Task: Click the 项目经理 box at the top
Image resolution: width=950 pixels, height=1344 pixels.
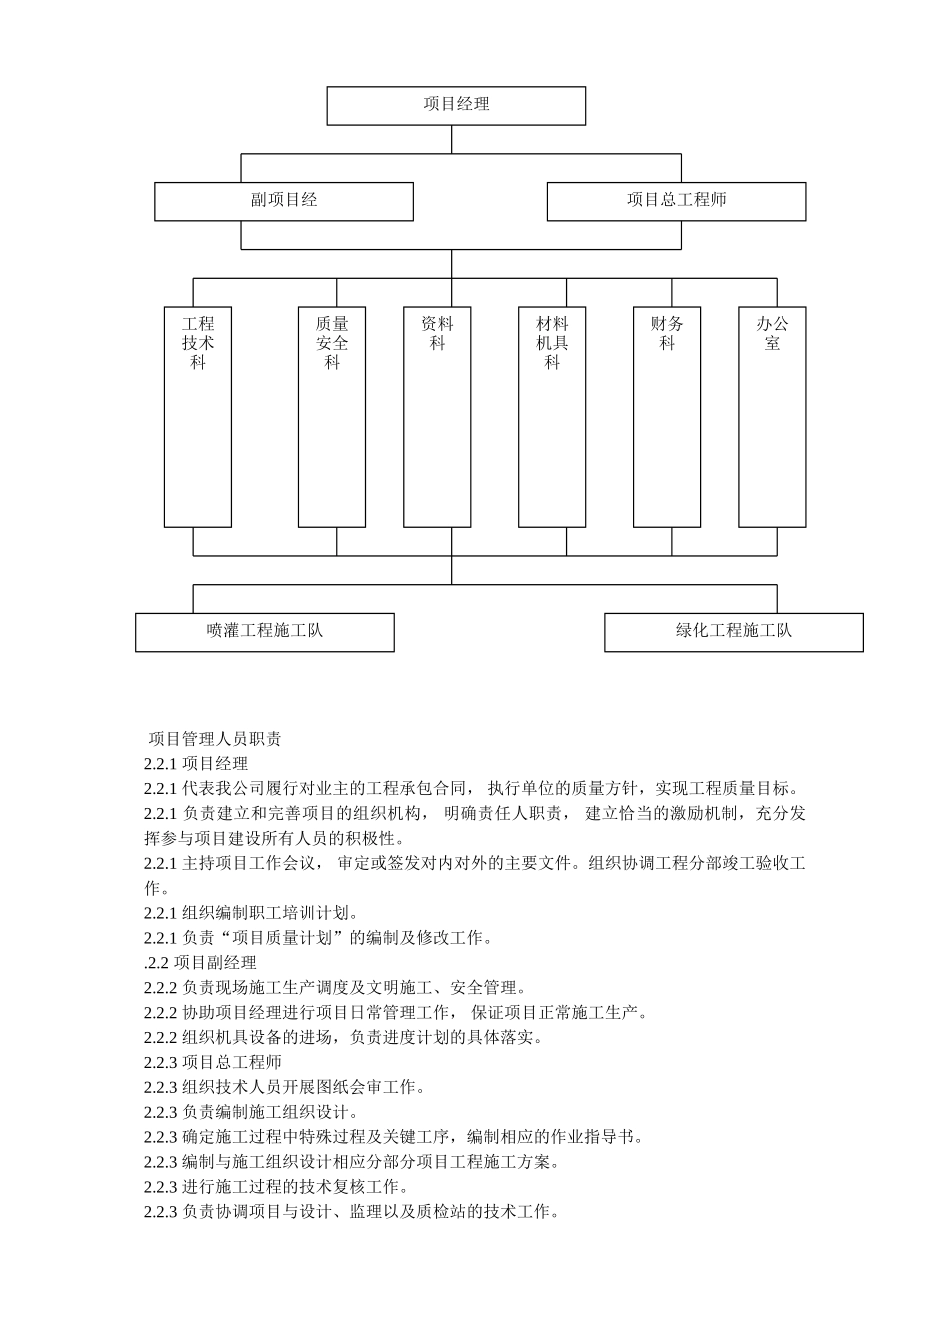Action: coord(456,105)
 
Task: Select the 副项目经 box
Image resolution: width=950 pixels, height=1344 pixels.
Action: coord(283,201)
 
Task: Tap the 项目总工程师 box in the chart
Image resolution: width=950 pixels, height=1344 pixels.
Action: coord(676,201)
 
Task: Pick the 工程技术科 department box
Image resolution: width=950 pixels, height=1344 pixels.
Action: coord(198,416)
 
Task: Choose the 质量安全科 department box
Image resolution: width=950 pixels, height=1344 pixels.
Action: coord(332,416)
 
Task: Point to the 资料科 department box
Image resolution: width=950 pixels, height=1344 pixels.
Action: coord(437,416)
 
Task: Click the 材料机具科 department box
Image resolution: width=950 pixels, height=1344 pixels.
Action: coord(552,416)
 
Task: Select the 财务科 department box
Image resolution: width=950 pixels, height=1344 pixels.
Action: coord(667,416)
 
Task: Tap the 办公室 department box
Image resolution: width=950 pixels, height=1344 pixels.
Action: coord(772,416)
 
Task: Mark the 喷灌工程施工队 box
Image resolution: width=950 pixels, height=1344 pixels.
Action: coord(265,632)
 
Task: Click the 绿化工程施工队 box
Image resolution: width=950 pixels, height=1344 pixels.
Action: coord(733,632)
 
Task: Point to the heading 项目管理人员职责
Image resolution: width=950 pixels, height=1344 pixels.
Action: coord(215,740)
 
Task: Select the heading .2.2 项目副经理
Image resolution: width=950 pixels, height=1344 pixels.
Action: coord(200,963)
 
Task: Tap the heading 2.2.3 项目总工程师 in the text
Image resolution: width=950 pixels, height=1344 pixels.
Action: coord(212,1062)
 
